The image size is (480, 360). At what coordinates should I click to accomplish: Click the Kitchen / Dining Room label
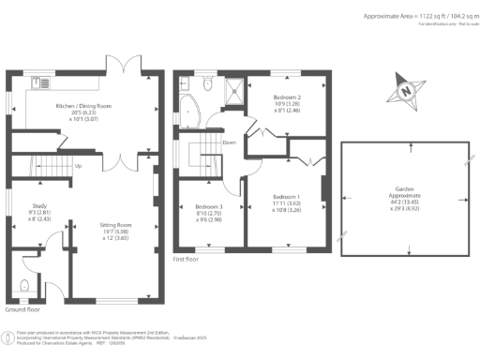(83, 107)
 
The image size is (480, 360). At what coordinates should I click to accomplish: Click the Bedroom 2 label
(286, 97)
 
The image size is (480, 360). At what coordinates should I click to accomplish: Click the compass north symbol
(405, 91)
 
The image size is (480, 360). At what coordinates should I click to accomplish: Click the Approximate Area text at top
(418, 16)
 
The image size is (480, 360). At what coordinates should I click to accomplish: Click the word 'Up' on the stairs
(78, 166)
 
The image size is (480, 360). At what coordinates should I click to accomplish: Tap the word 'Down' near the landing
(229, 142)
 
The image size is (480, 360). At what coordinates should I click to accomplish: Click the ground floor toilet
(24, 285)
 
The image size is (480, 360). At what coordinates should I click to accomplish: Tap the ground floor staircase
(47, 170)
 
